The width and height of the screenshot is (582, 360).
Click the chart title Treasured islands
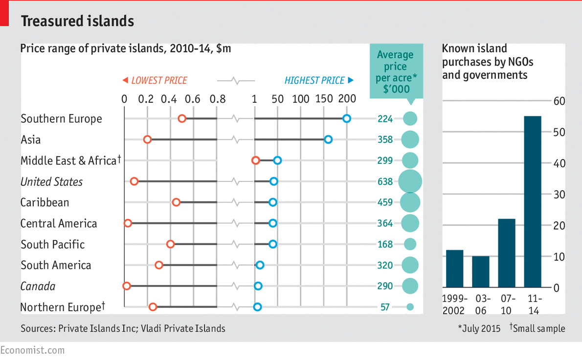click(77, 21)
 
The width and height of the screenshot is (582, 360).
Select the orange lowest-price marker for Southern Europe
click(182, 118)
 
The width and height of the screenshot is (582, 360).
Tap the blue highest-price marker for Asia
click(328, 139)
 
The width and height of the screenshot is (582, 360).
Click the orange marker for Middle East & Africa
click(255, 160)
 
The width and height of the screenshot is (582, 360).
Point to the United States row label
click(52, 182)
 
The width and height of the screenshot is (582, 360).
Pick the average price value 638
click(385, 181)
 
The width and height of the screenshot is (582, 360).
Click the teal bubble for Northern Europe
click(410, 307)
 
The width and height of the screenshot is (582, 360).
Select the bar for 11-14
click(533, 202)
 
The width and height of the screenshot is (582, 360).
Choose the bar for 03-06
click(481, 271)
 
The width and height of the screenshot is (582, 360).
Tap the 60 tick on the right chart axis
click(560, 101)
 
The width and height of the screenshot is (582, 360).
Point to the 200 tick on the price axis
click(347, 99)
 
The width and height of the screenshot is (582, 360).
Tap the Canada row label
click(38, 286)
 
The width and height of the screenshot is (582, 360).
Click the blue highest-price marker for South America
click(260, 265)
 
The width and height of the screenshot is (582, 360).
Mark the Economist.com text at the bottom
click(32, 350)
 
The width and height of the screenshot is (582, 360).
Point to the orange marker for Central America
click(128, 223)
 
